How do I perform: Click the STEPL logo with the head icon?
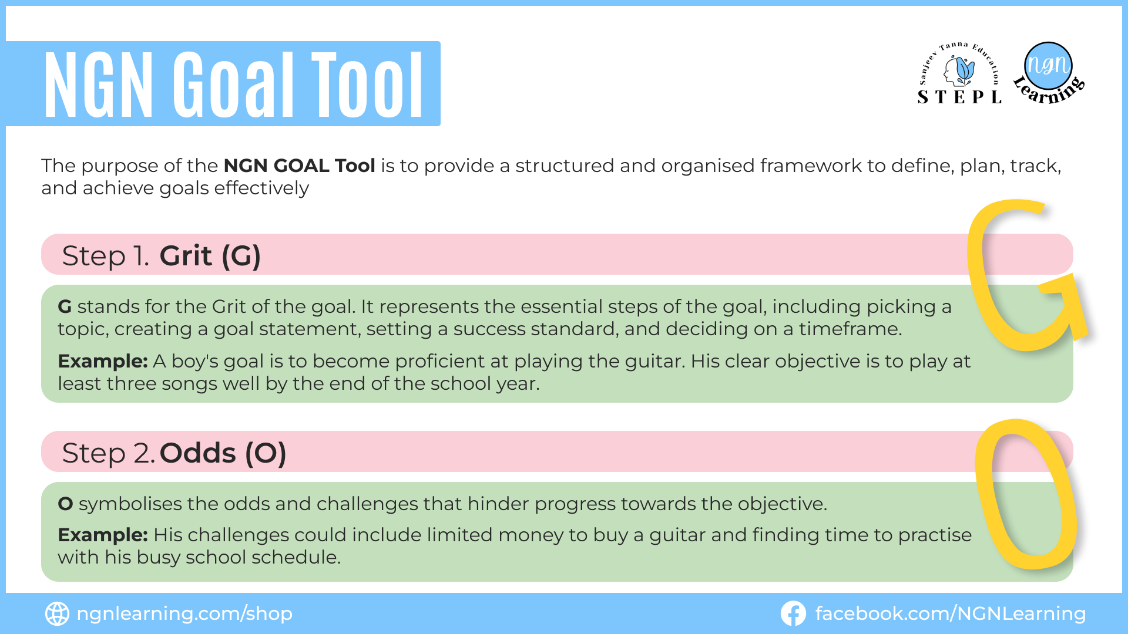959,73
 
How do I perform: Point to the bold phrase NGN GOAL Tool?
300,166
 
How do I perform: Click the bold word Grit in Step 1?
186,255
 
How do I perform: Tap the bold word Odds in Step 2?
198,453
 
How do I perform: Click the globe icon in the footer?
57,613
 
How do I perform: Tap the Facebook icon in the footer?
793,613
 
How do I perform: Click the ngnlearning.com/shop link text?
185,614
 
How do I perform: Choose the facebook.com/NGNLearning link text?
951,614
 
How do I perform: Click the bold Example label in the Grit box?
103,361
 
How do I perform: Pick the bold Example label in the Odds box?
103,535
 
